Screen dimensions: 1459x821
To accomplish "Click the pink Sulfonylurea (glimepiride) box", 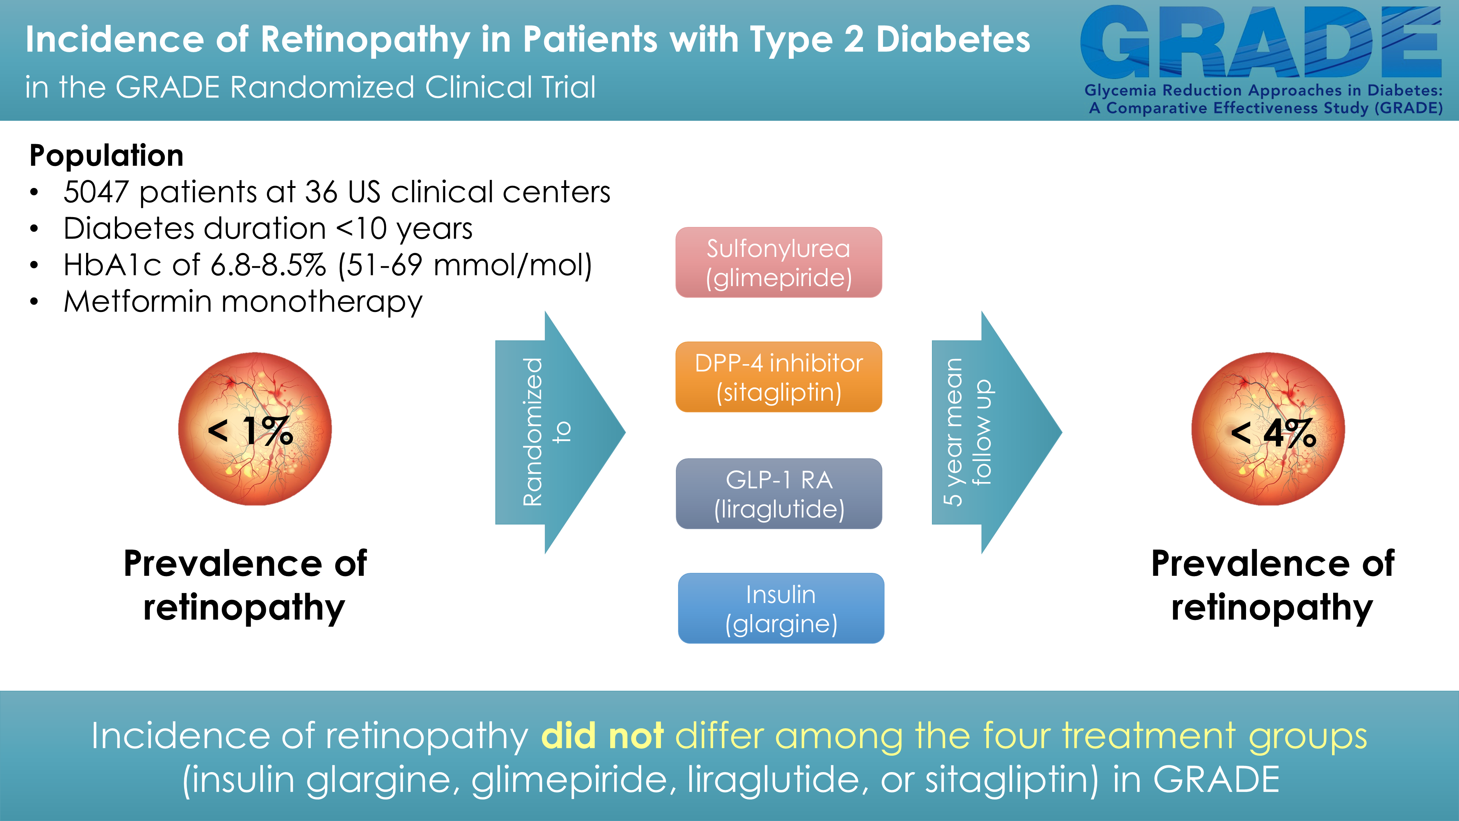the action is (x=779, y=262).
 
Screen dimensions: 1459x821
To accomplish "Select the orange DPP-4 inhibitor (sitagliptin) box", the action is (x=779, y=377).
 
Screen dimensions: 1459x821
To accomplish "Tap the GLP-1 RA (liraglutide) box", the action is (x=779, y=493).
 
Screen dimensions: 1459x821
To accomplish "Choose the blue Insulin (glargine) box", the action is (x=781, y=608).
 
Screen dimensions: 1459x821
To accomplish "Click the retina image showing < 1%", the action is (x=255, y=429).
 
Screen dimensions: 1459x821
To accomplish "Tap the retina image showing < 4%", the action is (x=1268, y=429).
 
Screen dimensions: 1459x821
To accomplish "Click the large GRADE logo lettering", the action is (x=1261, y=42).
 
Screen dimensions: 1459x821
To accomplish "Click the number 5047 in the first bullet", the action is (x=96, y=192).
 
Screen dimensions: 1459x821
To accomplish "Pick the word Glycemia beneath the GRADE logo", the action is (x=1120, y=90).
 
